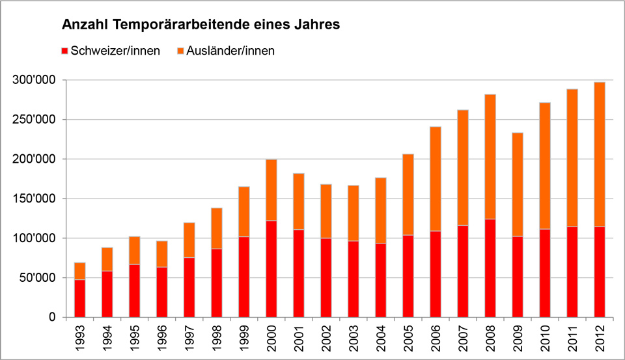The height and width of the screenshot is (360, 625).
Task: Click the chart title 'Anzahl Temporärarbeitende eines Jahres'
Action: [201, 25]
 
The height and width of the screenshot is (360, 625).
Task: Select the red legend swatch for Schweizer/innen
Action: [64, 51]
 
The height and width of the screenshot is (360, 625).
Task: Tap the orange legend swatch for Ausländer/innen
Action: [180, 51]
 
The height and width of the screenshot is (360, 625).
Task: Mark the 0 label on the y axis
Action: [53, 317]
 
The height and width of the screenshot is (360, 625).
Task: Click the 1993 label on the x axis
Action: [80, 337]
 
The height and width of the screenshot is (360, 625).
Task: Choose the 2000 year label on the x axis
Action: [271, 337]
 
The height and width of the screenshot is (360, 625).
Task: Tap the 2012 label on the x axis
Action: [600, 337]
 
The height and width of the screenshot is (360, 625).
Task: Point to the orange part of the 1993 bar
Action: [80, 271]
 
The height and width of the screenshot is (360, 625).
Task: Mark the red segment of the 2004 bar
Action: [381, 280]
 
